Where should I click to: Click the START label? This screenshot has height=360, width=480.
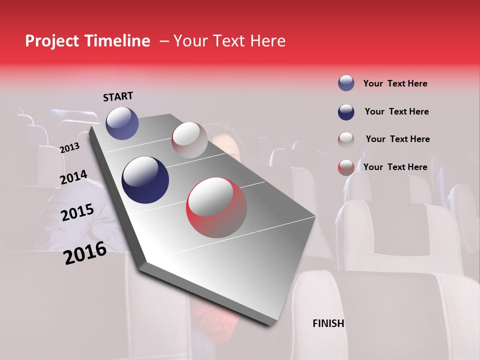(x=118, y=96)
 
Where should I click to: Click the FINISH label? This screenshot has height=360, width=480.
(x=328, y=323)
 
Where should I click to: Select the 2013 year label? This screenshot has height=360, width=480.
(x=69, y=148)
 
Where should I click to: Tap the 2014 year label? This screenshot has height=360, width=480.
(x=74, y=177)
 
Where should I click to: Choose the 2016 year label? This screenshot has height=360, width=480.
(x=85, y=253)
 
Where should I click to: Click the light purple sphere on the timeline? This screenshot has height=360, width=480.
(x=122, y=123)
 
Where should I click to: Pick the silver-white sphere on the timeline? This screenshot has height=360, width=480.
(x=189, y=140)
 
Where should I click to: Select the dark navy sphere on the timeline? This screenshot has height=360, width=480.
(x=145, y=180)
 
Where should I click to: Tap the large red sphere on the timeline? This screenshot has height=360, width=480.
(x=216, y=207)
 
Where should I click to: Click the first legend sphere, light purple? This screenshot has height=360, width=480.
(x=346, y=83)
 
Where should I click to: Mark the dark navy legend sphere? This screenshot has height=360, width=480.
(x=346, y=112)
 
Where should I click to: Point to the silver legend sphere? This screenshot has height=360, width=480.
(x=346, y=140)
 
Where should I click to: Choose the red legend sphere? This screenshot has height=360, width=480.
(x=346, y=167)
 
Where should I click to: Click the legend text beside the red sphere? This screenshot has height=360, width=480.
(x=395, y=167)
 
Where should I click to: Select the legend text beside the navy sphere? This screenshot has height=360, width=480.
(x=396, y=111)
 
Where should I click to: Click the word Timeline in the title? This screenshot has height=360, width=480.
(x=113, y=41)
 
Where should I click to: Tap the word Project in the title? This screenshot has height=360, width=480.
(x=50, y=41)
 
